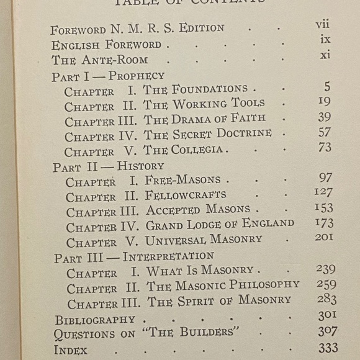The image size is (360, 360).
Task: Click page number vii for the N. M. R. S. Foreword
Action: tap(322, 26)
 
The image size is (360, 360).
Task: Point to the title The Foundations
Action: tap(196, 89)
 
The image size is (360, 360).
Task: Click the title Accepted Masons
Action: tap(198, 210)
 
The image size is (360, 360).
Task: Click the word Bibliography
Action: tap(95, 319)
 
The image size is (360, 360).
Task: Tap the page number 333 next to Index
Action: tap(326, 348)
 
